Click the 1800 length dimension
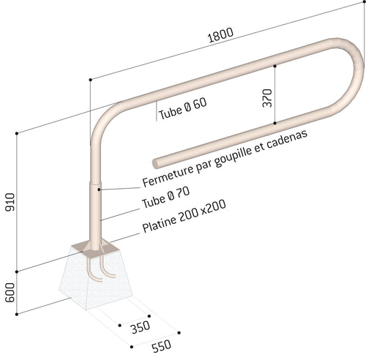(220, 35)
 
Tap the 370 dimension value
(267, 98)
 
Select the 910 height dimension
(10, 202)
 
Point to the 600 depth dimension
(10, 293)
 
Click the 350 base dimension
(141, 327)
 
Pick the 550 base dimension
(162, 346)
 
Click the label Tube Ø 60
(182, 108)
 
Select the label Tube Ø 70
(165, 198)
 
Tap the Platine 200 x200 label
(184, 216)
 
